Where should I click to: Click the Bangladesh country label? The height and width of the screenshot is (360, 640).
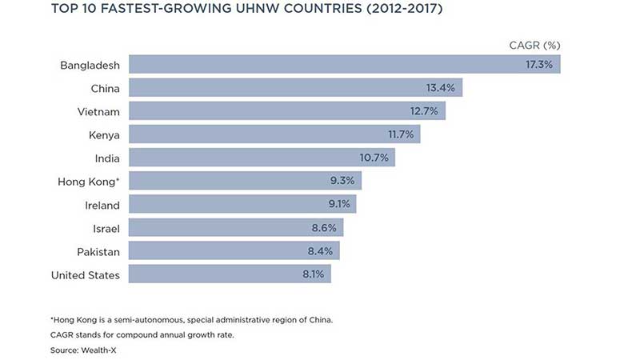click(90, 65)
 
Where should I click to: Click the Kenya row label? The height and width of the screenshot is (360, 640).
click(103, 134)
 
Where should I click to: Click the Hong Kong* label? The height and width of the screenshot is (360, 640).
click(89, 182)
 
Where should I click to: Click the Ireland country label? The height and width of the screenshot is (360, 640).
click(102, 205)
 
